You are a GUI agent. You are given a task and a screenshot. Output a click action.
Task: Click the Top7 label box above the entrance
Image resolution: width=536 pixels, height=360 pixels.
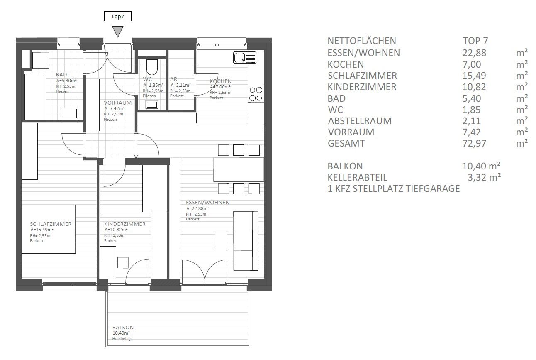pyautogui.click(x=118, y=16)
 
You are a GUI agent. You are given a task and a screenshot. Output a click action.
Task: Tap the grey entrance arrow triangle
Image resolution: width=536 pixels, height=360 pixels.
pyautogui.click(x=118, y=31)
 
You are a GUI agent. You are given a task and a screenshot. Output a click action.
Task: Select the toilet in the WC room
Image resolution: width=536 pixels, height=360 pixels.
pyautogui.click(x=152, y=67)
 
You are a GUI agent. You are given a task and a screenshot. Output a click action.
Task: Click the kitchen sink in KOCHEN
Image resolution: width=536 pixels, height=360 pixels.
pyautogui.click(x=244, y=57)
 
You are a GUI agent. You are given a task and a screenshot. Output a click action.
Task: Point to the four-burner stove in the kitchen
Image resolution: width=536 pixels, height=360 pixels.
pyautogui.click(x=256, y=94)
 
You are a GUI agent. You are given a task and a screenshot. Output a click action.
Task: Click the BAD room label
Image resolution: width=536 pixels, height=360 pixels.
pyautogui.click(x=61, y=75)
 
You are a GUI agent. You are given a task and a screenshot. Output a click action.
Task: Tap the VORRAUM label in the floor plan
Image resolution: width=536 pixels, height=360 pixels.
pyautogui.click(x=118, y=103)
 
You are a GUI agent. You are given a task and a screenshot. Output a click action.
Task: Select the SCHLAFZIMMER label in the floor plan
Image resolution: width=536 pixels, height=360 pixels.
pyautogui.click(x=51, y=224)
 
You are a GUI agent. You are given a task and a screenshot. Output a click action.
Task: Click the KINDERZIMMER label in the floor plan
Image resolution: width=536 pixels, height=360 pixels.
pyautogui.click(x=125, y=224)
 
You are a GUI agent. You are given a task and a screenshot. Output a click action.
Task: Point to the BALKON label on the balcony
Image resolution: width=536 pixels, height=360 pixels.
pyautogui.click(x=123, y=328)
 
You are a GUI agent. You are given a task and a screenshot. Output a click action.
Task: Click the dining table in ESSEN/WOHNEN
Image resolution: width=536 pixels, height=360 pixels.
pyautogui.click(x=239, y=169)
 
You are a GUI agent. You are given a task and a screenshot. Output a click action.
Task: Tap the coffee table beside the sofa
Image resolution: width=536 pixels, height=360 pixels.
pyautogui.click(x=221, y=241)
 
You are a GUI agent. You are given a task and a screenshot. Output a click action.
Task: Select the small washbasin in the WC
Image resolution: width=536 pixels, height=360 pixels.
pyautogui.click(x=152, y=105)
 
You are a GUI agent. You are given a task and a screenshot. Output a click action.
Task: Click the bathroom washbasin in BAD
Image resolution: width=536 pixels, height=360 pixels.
pyautogui.click(x=69, y=113)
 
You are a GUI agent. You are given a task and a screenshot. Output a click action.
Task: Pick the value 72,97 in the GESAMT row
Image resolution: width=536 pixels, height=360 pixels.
pyautogui.click(x=474, y=144)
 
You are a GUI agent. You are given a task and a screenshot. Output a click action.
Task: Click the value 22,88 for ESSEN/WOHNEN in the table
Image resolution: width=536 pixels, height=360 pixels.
pyautogui.click(x=474, y=53)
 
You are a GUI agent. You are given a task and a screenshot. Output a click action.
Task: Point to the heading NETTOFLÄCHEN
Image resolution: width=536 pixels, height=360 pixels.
pyautogui.click(x=362, y=41)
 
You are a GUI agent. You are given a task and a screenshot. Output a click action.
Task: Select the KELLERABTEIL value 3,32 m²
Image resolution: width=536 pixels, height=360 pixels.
pyautogui.click(x=484, y=177)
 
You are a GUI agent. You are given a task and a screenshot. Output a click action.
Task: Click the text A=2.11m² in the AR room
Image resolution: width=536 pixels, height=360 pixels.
pyautogui.click(x=180, y=85)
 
